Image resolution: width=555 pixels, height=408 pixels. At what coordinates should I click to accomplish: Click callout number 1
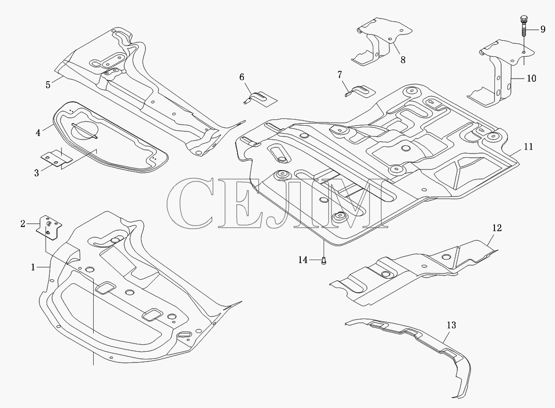(33, 267)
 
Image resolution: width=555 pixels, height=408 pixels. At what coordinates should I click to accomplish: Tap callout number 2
(23, 223)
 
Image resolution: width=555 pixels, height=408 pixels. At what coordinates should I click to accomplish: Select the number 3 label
(36, 173)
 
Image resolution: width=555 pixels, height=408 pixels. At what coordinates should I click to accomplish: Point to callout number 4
(38, 133)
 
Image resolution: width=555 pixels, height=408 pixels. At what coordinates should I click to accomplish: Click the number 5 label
(48, 85)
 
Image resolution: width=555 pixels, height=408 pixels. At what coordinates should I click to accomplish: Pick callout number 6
(242, 77)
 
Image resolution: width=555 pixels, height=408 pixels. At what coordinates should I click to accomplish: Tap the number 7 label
(340, 75)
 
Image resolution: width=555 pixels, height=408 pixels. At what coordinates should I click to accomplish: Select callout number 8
(403, 60)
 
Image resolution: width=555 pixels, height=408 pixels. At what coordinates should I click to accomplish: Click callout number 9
(543, 29)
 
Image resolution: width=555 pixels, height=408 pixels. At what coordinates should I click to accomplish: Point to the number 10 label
(532, 78)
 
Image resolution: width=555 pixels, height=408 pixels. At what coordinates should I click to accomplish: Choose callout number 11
(529, 146)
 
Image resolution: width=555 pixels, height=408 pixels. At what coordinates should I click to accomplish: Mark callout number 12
(497, 228)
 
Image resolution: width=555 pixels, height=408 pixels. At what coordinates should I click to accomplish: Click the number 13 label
(451, 325)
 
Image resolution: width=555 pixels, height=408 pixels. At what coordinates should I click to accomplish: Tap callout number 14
(303, 260)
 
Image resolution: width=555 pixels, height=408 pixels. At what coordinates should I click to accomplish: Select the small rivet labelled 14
(324, 261)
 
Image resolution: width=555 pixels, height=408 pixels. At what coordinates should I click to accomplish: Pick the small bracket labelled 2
(49, 228)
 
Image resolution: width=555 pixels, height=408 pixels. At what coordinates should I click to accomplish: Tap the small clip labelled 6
(260, 98)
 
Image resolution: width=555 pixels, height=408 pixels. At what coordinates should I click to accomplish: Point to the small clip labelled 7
(360, 90)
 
